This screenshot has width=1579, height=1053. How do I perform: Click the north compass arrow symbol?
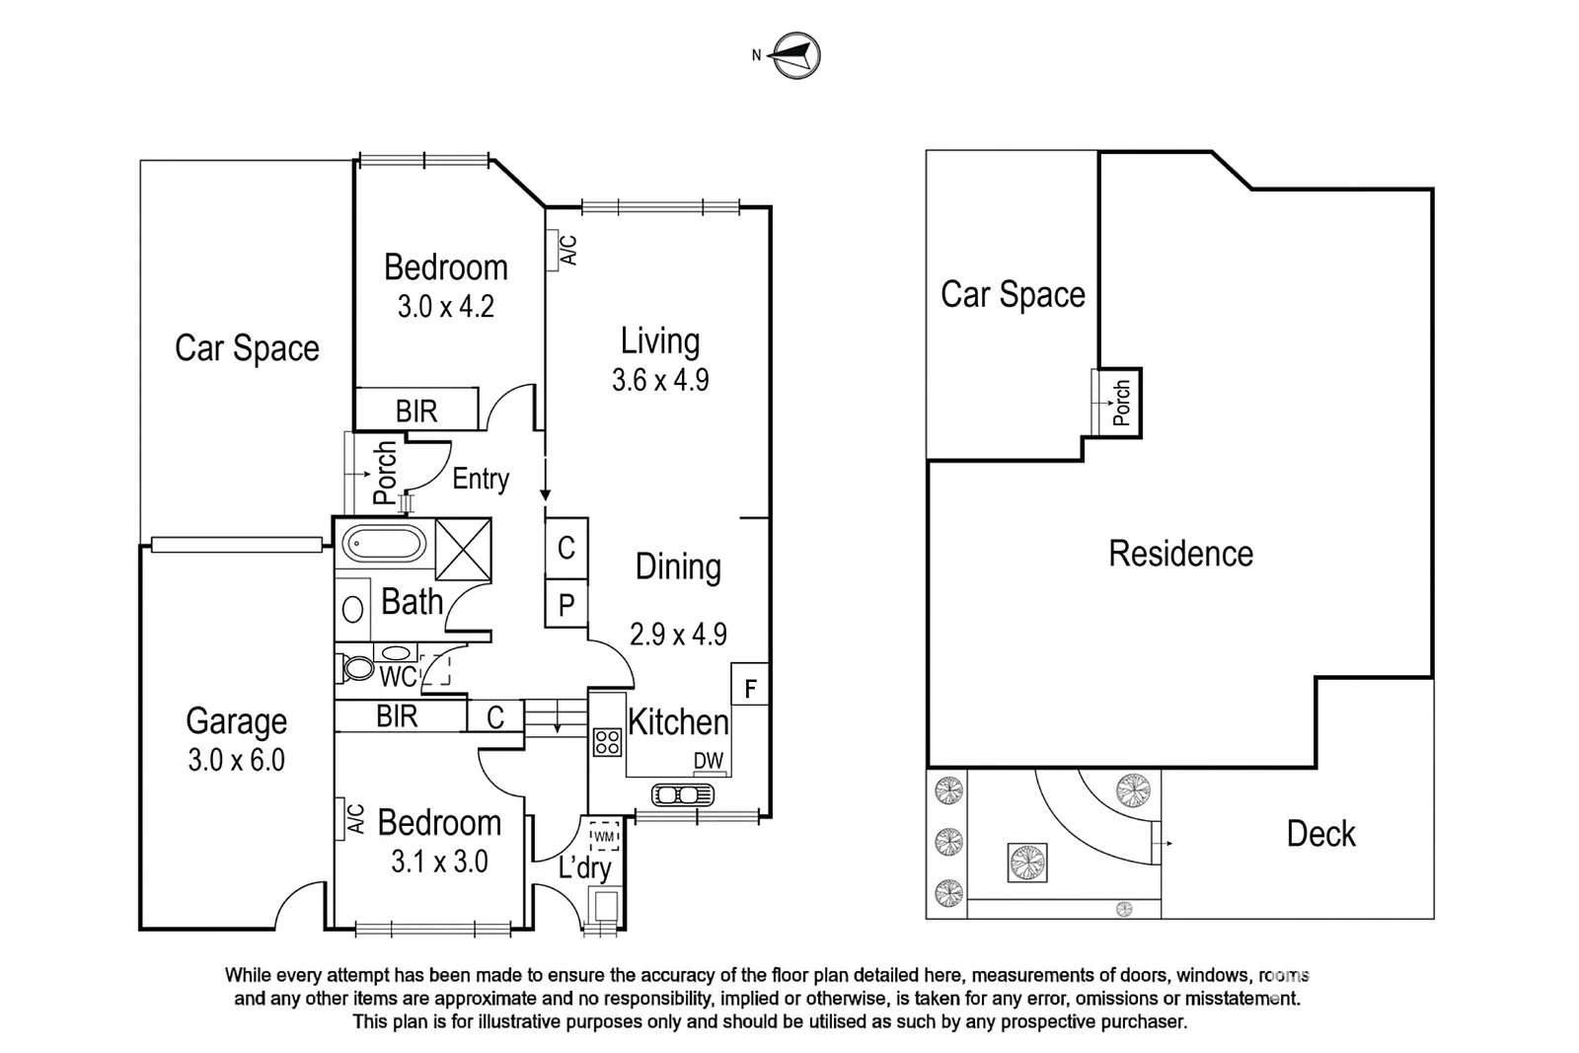pos(794,55)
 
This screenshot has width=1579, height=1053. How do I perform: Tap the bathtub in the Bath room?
pos(382,544)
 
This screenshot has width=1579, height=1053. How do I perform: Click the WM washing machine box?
pos(604,836)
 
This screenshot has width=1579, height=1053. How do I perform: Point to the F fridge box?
pos(750,688)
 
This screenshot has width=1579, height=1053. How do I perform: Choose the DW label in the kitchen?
pos(709,761)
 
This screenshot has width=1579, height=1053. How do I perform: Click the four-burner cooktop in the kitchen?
pos(607,742)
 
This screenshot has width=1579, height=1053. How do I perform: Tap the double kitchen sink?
pos(682,793)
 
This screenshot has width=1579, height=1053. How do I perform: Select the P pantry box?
pos(566,605)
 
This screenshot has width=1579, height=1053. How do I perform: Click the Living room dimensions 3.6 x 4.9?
pos(660,380)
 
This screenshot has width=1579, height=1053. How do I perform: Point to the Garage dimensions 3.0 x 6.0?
pos(237,760)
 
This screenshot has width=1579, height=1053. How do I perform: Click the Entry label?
pos(481,479)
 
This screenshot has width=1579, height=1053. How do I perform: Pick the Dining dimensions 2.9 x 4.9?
pos(679,634)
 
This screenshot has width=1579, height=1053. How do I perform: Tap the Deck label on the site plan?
pos(1320,834)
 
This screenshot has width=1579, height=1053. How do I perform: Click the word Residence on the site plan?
pos(1180,554)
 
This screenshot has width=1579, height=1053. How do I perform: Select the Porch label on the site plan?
pos(1122,403)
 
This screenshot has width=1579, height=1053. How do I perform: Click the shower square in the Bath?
pos(463,549)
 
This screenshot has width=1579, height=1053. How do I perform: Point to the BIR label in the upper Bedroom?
pos(416,411)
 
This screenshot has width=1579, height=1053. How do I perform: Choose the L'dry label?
pos(585,867)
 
